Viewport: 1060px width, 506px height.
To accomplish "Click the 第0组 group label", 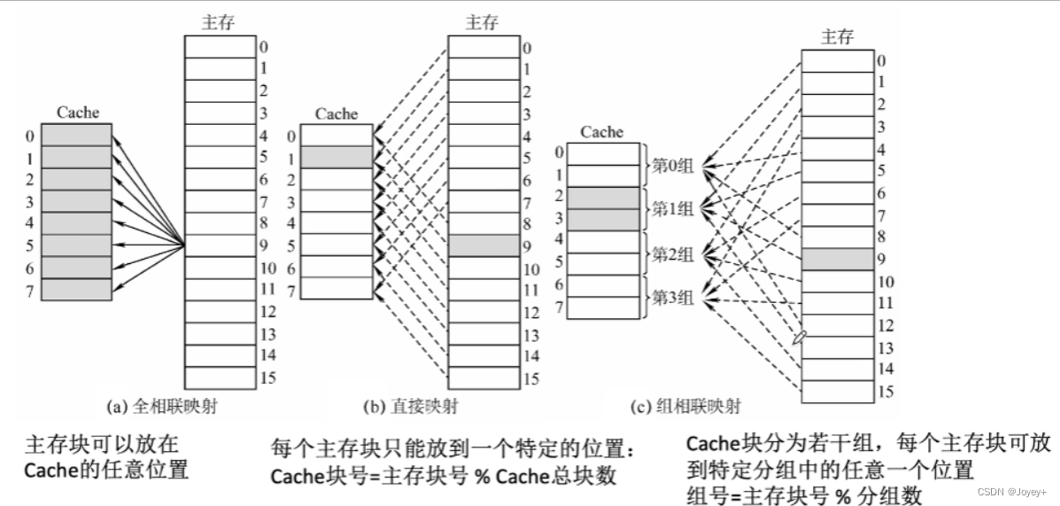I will point(673,166).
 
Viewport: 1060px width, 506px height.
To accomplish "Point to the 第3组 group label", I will point(673,299).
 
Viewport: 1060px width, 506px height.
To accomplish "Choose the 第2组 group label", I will point(673,254).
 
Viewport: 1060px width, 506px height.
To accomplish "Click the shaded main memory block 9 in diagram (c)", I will point(837,260).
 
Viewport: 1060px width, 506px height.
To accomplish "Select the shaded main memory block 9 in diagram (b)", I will point(483,245).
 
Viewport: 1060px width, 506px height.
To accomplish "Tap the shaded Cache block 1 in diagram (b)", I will point(337,157).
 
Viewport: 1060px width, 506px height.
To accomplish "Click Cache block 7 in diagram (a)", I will point(77,290).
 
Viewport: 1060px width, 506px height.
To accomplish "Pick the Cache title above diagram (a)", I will point(78,113).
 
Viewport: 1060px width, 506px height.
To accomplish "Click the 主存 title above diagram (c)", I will point(837,36).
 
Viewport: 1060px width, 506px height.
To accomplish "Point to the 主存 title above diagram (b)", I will point(483,23).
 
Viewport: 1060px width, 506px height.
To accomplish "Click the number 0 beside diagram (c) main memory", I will point(880,61).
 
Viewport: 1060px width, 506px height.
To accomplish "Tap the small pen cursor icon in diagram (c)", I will point(801,338).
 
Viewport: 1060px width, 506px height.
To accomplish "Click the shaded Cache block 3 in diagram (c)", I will point(602,220).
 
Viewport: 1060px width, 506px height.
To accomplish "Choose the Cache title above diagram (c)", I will point(602,132).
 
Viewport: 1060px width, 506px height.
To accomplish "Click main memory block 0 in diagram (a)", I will point(219,46).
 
